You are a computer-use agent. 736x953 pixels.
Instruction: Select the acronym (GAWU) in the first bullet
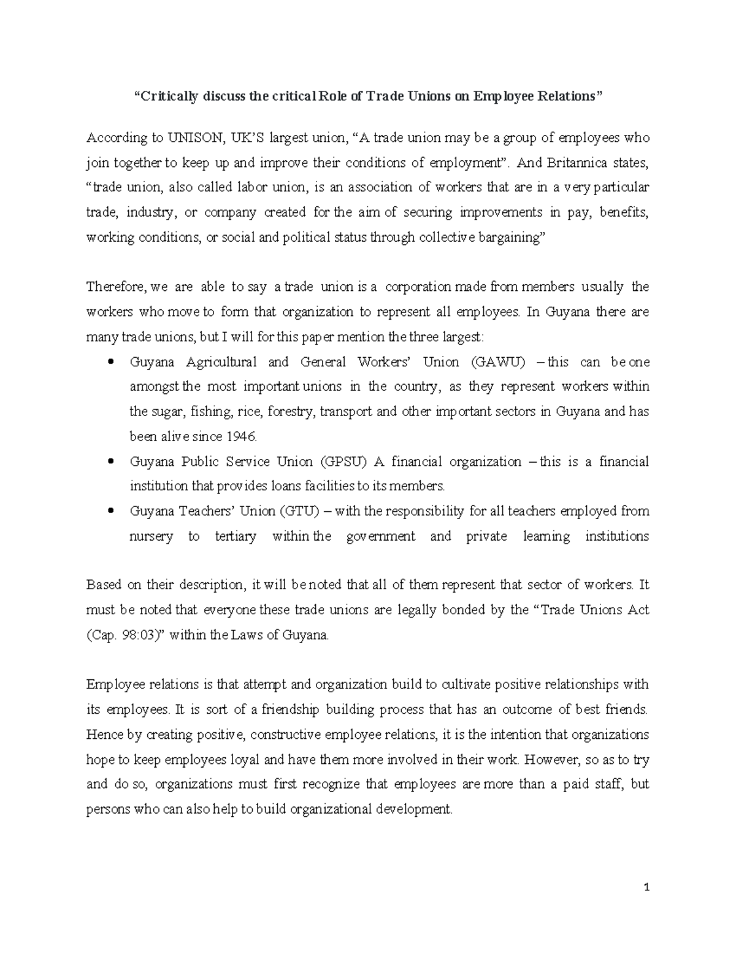499,362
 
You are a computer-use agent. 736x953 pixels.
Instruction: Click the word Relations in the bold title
567,96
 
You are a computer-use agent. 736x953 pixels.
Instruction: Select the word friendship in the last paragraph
290,710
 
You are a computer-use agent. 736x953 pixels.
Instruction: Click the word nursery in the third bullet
151,536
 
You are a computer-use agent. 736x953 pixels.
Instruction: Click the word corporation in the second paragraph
418,287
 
